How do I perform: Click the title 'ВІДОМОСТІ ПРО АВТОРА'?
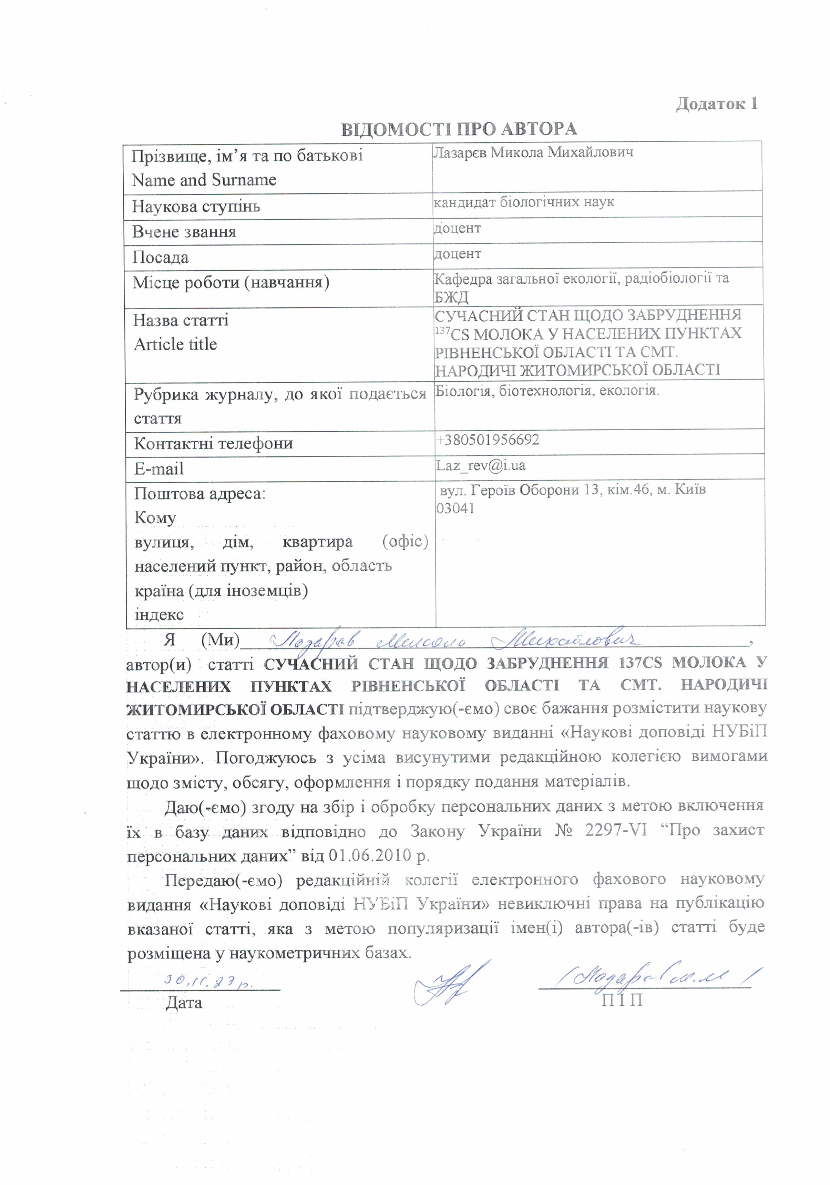pyautogui.click(x=459, y=129)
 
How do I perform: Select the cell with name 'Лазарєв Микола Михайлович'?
pyautogui.click(x=533, y=153)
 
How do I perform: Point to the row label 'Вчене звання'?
pyautogui.click(x=184, y=232)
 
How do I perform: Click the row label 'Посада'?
pyautogui.click(x=161, y=257)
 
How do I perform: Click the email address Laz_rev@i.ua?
pyautogui.click(x=481, y=465)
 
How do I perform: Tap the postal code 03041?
pyautogui.click(x=455, y=508)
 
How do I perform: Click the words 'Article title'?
pyautogui.click(x=175, y=344)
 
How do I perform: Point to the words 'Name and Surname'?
pyautogui.click(x=204, y=180)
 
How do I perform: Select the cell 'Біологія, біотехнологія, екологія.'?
pyautogui.click(x=547, y=391)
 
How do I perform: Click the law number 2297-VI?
pyautogui.click(x=615, y=831)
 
